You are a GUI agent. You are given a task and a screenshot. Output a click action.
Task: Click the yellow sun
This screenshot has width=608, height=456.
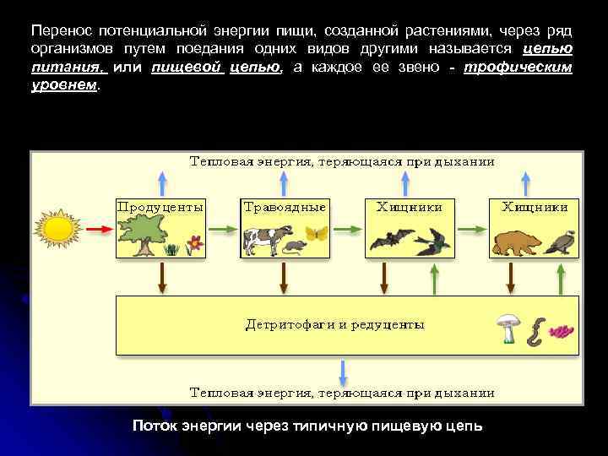point(57,228)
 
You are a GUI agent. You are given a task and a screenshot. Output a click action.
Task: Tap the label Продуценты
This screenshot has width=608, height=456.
point(160,206)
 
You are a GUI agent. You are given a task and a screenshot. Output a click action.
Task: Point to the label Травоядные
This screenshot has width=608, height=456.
point(285,206)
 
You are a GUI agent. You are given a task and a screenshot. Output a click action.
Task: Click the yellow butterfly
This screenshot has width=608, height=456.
point(316,234)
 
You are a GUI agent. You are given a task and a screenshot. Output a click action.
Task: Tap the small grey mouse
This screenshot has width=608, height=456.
point(294,247)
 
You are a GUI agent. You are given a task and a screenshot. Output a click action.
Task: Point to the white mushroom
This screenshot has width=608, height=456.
point(508,327)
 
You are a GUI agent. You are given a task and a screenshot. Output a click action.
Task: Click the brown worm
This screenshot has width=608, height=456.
point(535,330)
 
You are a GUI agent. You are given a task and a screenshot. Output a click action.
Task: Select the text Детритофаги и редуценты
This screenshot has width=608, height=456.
point(334,323)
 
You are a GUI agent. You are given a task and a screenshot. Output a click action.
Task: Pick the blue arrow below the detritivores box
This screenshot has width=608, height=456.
point(342,372)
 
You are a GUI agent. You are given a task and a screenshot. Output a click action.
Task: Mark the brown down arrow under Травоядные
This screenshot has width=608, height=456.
point(285,277)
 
